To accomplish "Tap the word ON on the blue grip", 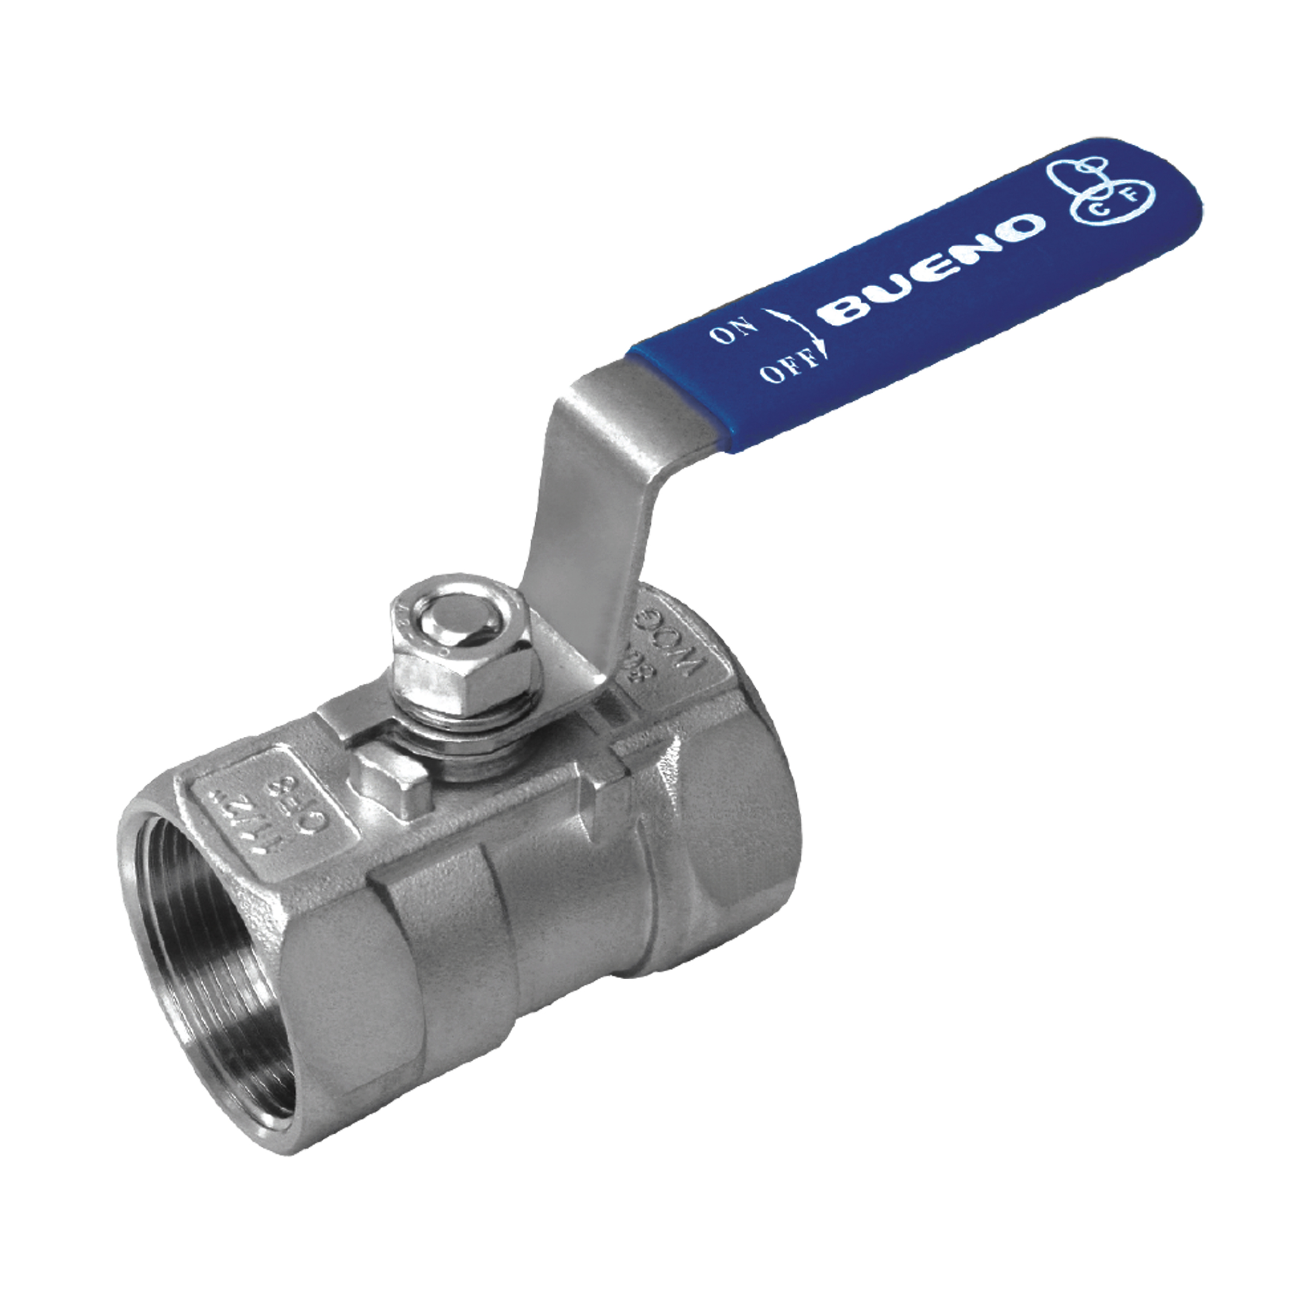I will pyautogui.click(x=733, y=330).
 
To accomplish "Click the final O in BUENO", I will pyautogui.click(x=1025, y=227).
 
